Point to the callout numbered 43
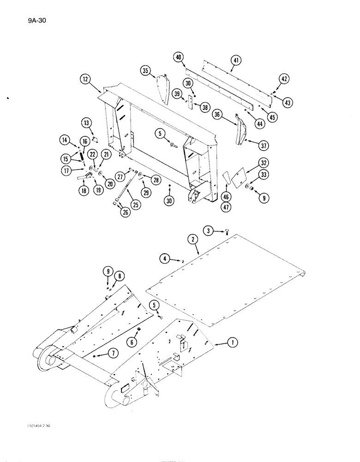(x=288, y=103)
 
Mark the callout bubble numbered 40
(x=179, y=57)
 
